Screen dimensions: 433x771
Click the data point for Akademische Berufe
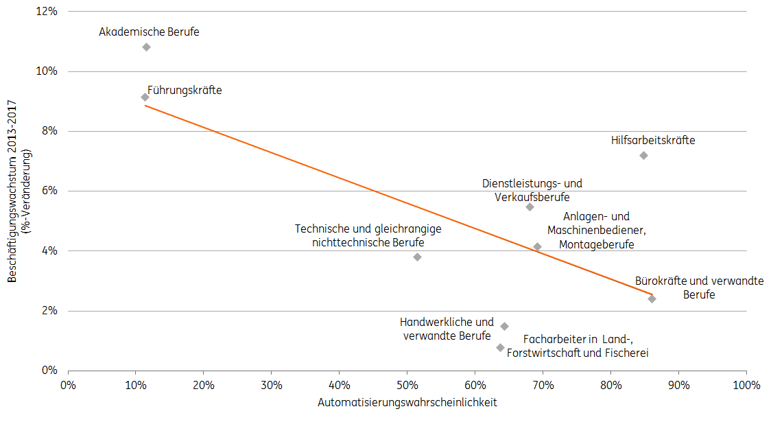[146, 47]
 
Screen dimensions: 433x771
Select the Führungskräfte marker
[145, 97]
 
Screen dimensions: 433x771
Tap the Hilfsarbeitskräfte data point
[643, 155]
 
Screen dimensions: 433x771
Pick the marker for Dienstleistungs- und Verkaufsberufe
[530, 207]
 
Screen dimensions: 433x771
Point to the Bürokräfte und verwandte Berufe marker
[652, 299]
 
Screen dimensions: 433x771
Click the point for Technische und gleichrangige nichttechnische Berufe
[417, 257]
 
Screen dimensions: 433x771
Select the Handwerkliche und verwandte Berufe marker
[504, 326]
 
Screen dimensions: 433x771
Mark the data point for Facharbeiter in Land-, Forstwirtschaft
[500, 347]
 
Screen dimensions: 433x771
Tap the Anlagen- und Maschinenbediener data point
[537, 246]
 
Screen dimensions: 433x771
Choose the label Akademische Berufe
[149, 32]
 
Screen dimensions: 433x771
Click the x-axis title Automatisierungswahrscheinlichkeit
[407, 403]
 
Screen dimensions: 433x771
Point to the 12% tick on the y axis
[46, 12]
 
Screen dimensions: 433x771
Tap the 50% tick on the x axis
[407, 385]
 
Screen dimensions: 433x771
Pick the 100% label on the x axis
[746, 385]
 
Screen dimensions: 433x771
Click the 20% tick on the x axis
[203, 385]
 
